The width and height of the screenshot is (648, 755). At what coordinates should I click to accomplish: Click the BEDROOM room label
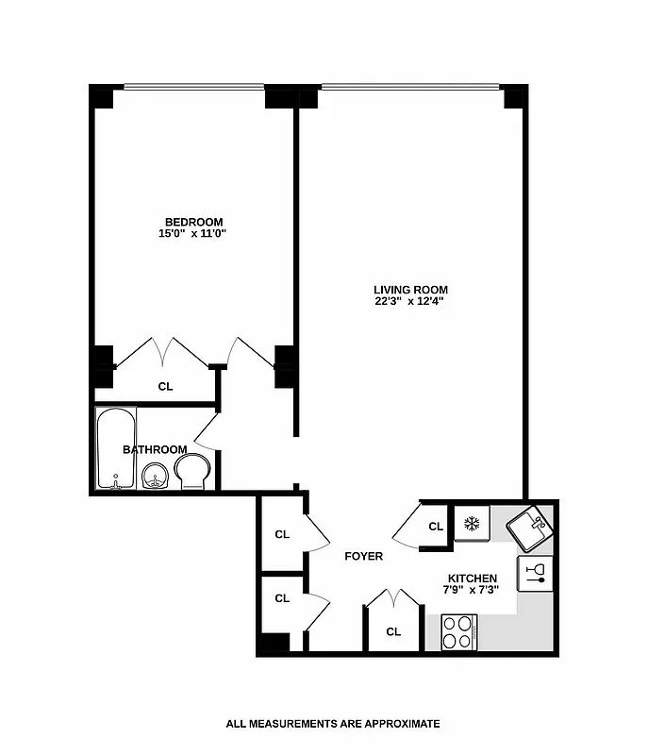[193, 222]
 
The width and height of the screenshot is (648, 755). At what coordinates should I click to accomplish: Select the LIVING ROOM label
[410, 290]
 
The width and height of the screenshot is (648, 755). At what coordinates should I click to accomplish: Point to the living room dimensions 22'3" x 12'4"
[410, 302]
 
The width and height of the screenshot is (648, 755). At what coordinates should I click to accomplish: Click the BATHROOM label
[155, 449]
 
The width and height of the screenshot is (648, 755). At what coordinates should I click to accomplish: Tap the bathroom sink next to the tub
[155, 479]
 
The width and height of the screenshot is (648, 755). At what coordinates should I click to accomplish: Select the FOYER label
[363, 556]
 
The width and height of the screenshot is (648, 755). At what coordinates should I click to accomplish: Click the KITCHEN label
[473, 578]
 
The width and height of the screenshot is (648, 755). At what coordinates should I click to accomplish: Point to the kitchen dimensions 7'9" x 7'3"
[473, 590]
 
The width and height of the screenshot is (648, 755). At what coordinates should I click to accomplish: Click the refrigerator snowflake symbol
[471, 523]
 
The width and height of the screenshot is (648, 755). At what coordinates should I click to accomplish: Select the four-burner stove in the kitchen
[459, 631]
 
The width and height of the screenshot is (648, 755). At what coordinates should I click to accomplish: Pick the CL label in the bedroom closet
[165, 386]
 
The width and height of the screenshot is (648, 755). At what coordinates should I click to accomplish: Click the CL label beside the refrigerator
[436, 527]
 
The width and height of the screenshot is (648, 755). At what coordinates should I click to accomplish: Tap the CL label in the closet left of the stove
[393, 631]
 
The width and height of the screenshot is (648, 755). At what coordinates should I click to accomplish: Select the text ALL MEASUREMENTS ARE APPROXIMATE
[333, 724]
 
